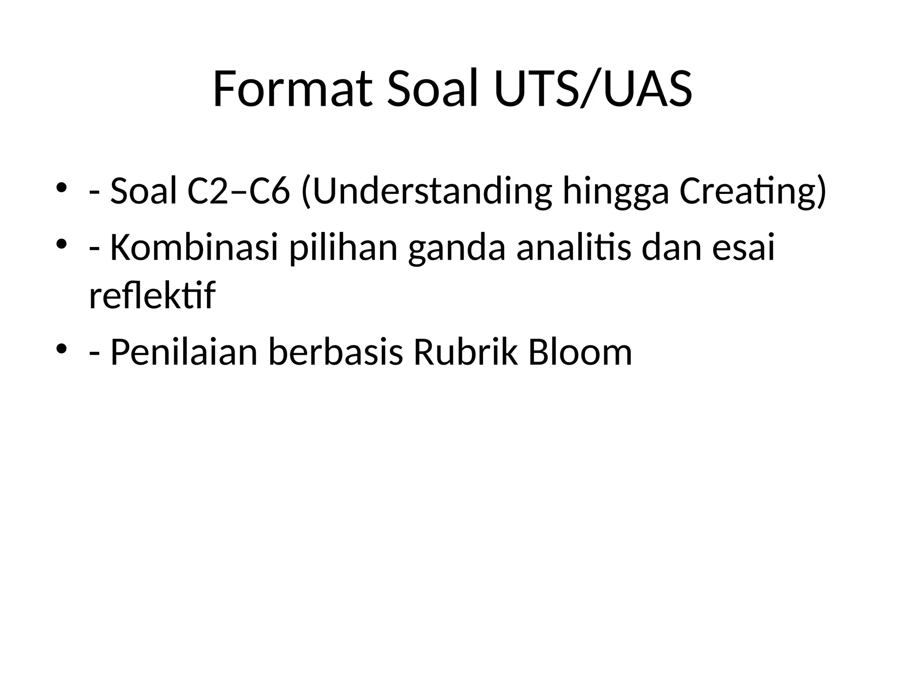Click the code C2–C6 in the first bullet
pyautogui.click(x=238, y=191)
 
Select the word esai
pyautogui.click(x=743, y=247)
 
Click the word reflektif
pyautogui.click(x=152, y=295)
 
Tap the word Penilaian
pyautogui.click(x=184, y=352)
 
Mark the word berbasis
pyautogui.click(x=336, y=352)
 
